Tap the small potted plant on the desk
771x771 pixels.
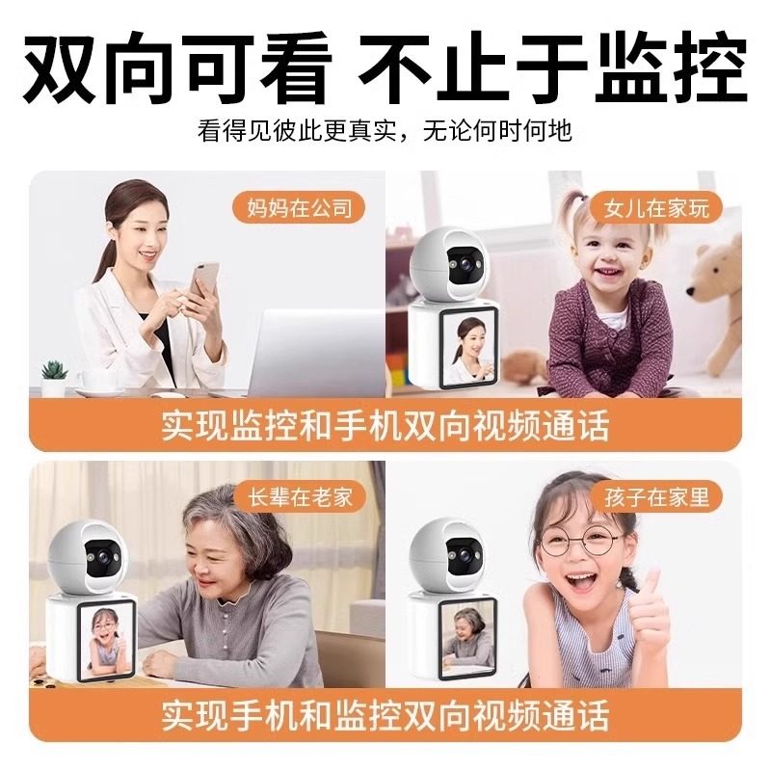[54, 375]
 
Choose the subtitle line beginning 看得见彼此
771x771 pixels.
[385, 130]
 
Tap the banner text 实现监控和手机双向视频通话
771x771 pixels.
[385, 425]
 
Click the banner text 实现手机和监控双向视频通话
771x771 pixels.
[385, 716]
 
